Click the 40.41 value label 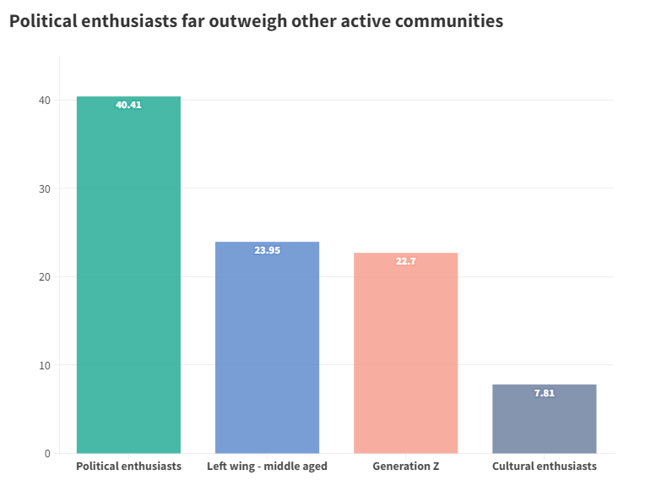click(x=128, y=105)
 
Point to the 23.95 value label click(x=267, y=250)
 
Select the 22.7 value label click(x=405, y=261)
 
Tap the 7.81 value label click(x=544, y=393)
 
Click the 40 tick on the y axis click(x=44, y=101)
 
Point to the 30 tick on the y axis click(x=44, y=188)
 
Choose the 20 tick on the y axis click(x=44, y=277)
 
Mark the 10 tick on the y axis click(x=44, y=365)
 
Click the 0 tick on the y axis click(x=47, y=454)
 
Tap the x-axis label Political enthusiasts click(x=128, y=467)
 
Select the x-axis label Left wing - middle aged click(x=267, y=467)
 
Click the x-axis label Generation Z click(x=405, y=467)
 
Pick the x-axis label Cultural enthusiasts click(x=544, y=467)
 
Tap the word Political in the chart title click(x=41, y=21)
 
